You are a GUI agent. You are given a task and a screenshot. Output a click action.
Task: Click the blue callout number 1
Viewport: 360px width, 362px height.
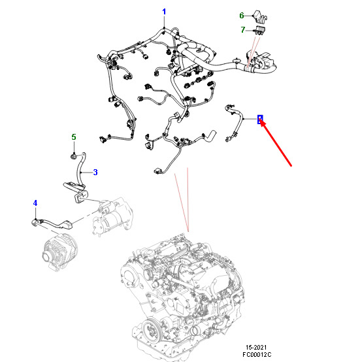pos(164,12)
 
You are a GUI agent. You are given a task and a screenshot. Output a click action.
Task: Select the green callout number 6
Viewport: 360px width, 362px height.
pos(242,16)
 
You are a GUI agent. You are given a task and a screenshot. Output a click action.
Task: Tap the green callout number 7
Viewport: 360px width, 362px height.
pos(243,30)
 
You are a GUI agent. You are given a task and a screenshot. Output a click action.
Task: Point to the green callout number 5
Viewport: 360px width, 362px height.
pos(74,137)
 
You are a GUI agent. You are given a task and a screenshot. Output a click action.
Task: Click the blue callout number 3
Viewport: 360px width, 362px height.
pos(95,172)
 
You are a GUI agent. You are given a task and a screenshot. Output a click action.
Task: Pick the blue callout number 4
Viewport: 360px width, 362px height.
pos(35,203)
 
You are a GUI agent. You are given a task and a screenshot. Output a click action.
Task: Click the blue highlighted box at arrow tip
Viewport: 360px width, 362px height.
pos(260,119)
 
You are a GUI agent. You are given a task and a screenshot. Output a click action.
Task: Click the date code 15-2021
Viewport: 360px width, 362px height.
pos(256,347)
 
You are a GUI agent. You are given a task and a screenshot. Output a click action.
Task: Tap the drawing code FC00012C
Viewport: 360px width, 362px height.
pos(257,354)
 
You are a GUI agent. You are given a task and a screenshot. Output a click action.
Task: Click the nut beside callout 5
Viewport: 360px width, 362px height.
pos(73,157)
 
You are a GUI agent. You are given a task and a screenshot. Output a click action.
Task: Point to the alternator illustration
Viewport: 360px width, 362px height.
pos(61,252)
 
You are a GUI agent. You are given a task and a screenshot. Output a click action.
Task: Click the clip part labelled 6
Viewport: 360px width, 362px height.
pos(260,16)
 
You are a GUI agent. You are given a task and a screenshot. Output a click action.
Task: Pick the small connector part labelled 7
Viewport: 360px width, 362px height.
pos(260,31)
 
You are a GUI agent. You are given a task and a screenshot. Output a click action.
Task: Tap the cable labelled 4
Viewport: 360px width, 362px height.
pos(53,223)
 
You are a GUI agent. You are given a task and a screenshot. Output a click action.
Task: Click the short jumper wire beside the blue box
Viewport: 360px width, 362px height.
pos(234,123)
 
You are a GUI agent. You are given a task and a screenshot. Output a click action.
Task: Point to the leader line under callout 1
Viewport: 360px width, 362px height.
pos(164,22)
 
